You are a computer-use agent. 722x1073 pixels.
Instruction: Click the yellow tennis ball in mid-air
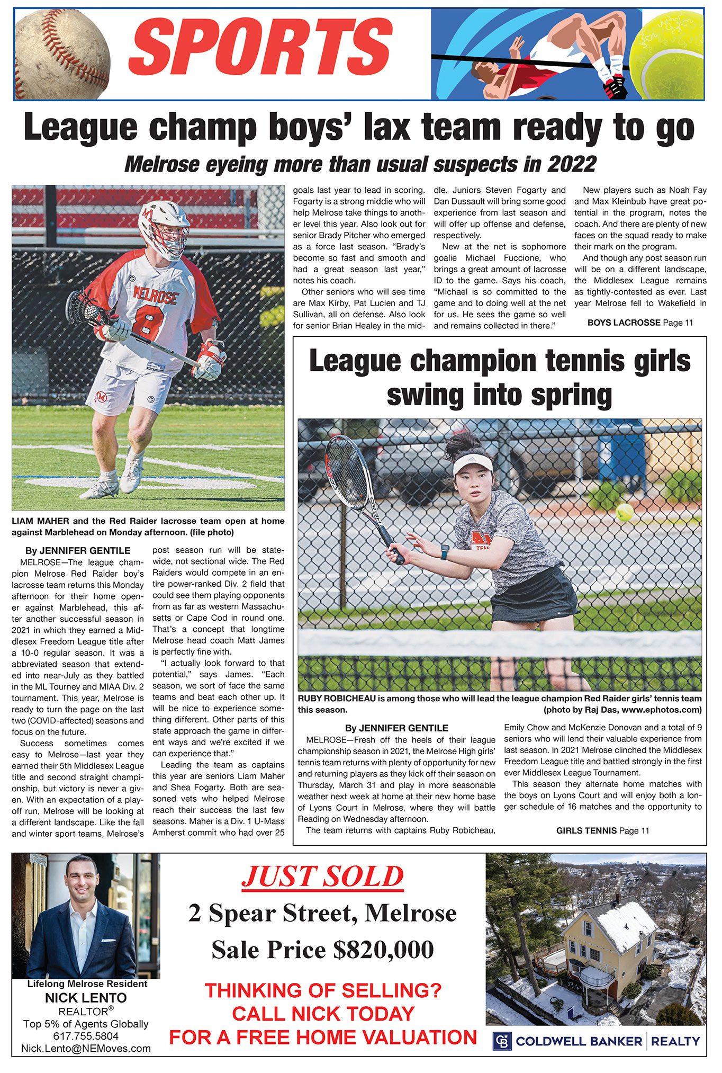624,512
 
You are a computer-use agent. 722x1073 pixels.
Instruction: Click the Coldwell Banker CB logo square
502,1041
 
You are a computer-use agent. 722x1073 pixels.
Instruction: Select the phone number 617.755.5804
86,1036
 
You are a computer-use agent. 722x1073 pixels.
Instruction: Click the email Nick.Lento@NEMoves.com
86,1048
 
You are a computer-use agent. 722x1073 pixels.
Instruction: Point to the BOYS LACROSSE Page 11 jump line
639,323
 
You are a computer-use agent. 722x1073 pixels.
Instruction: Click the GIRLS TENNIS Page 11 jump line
602,830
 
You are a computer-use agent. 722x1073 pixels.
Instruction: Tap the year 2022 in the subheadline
571,164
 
